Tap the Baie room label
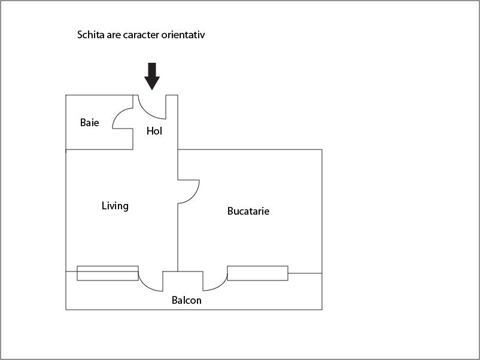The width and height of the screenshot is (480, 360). (x=89, y=123)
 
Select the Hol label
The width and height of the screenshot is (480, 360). (x=154, y=131)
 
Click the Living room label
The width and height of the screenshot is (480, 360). (x=115, y=206)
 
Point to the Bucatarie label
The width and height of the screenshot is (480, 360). (x=248, y=211)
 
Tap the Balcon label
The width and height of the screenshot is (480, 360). (x=187, y=300)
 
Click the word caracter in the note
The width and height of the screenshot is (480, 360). (x=139, y=35)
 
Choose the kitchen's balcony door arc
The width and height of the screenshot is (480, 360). (x=218, y=283)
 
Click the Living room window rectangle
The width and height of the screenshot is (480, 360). (x=108, y=273)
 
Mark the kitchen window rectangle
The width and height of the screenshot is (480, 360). (x=257, y=273)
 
